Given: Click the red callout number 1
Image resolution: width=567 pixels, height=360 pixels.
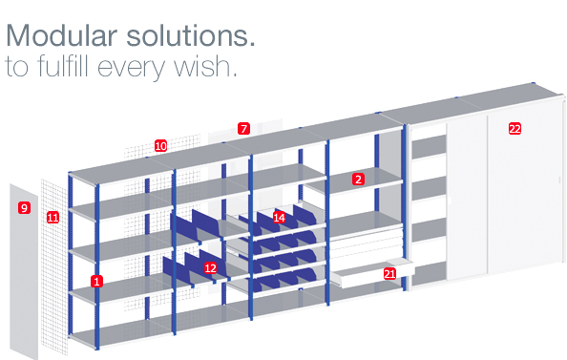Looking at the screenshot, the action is click(96, 281).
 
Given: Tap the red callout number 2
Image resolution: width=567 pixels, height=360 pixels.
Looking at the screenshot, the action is click(358, 180).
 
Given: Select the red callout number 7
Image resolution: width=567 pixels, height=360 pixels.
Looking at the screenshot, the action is click(243, 129).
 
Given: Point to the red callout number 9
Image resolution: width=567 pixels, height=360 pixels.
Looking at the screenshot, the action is click(24, 207).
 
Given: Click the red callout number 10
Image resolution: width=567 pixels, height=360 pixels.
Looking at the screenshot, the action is click(160, 146).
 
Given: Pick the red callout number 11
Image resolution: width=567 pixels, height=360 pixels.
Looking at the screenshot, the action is click(52, 218).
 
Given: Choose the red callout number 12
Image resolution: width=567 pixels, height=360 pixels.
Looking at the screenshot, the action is click(210, 268).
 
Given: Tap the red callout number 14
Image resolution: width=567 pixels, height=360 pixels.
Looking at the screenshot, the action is click(279, 218).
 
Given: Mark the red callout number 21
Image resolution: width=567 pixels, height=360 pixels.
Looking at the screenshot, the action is click(389, 274).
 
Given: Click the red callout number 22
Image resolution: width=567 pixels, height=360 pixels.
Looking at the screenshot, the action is click(514, 129).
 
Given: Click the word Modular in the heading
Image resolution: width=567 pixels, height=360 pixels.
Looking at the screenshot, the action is click(61, 35).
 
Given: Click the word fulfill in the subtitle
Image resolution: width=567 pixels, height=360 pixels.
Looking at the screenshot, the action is click(63, 66).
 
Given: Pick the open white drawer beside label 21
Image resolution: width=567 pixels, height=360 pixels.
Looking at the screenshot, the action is click(372, 274).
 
